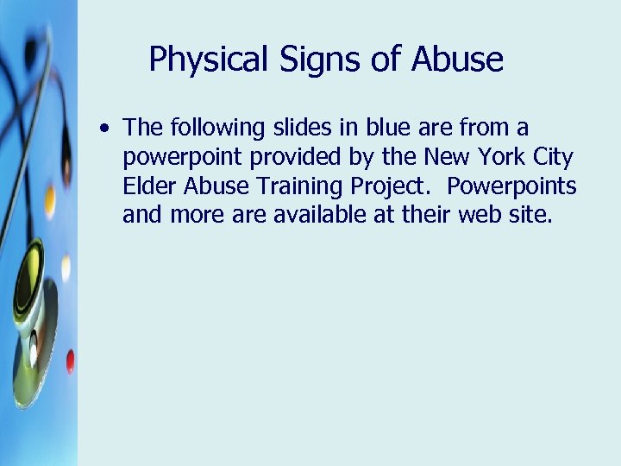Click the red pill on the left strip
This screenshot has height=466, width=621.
(x=70, y=361)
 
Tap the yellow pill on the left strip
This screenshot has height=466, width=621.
(x=50, y=201)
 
